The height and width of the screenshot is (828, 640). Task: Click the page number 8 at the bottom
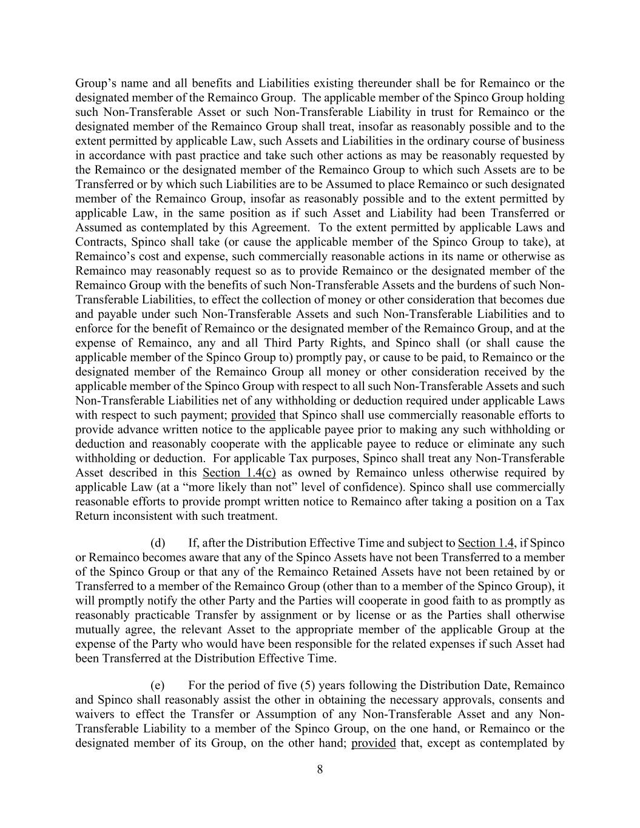coord(320,770)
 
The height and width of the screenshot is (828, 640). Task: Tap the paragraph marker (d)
coord(158,542)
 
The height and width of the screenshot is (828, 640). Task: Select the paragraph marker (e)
coord(158,685)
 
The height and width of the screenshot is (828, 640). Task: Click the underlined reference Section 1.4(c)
coord(235,473)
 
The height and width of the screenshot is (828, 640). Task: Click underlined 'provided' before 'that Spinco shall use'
coord(254,415)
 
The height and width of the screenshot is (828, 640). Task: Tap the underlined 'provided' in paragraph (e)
coord(374,743)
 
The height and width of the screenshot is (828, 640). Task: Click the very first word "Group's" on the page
coord(93,83)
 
